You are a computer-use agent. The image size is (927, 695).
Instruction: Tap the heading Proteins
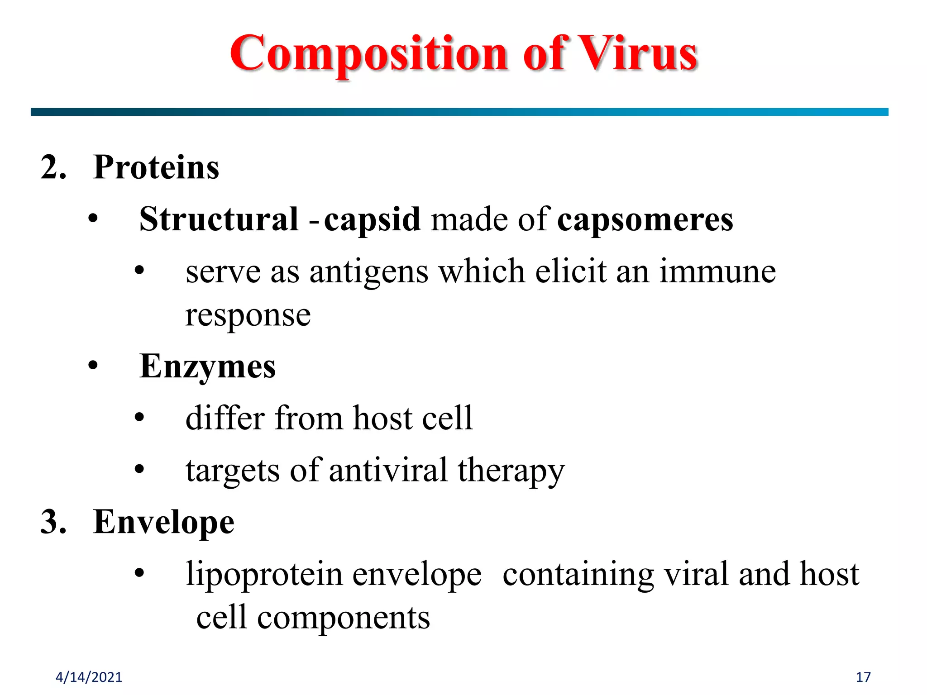point(156,167)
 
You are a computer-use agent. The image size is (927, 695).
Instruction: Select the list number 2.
point(53,167)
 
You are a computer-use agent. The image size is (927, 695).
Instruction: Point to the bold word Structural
point(219,219)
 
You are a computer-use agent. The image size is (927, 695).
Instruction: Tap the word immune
point(717,271)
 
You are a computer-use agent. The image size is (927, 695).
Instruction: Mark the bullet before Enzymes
point(93,366)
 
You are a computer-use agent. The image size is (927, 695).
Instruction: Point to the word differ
point(225,418)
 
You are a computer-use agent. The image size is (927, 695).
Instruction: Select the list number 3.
point(53,522)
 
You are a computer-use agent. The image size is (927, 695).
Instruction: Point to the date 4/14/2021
point(89,677)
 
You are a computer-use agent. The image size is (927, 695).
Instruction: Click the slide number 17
point(863,677)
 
